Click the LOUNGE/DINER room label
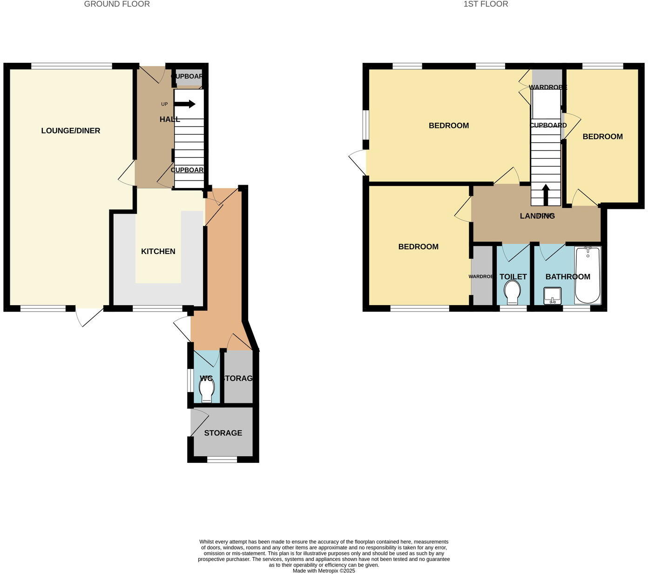click(71, 131)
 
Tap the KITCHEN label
click(158, 252)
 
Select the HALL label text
click(169, 120)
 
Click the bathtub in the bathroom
click(588, 275)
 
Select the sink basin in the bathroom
click(553, 295)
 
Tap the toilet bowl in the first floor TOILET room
click(513, 292)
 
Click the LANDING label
click(537, 216)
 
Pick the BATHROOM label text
click(567, 277)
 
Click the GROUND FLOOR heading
click(117, 4)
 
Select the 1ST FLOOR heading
click(486, 4)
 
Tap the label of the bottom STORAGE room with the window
click(223, 433)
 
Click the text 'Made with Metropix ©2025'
click(324, 571)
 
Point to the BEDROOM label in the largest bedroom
click(449, 126)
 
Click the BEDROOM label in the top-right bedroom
click(602, 137)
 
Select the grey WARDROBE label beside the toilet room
click(481, 277)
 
